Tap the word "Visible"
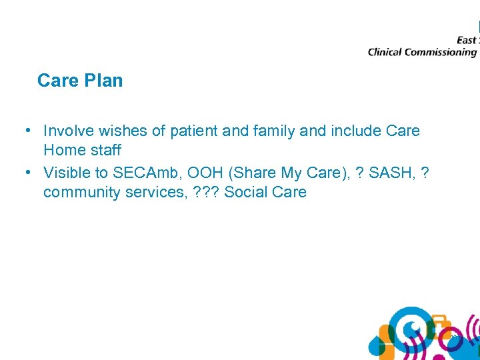tap(68, 173)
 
